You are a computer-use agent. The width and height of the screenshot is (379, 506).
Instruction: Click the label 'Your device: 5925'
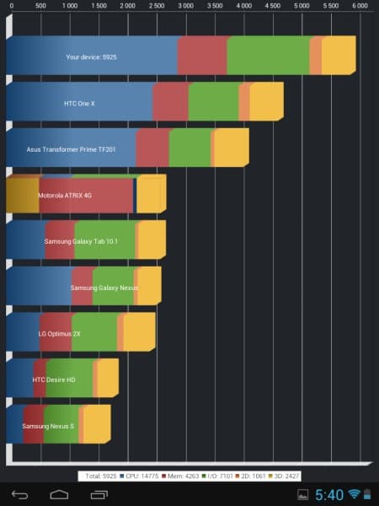point(96,57)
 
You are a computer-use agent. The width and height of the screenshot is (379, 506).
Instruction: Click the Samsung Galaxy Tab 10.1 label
point(82,241)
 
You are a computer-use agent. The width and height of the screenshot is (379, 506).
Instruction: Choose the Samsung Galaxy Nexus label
point(104,288)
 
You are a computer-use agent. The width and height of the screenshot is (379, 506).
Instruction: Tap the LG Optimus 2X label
point(60,333)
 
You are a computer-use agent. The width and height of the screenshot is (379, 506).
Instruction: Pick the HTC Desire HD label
point(54,379)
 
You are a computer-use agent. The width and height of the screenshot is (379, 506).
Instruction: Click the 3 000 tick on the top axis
point(185,6)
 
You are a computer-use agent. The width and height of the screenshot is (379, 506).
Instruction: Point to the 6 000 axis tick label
point(360,6)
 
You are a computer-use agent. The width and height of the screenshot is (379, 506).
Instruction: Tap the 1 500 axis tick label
point(98,6)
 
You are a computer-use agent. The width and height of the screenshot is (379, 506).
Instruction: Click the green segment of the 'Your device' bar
point(268,56)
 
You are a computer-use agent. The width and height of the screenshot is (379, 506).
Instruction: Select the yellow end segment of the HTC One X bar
point(266,102)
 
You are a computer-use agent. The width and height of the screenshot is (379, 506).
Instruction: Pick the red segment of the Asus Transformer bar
point(152,148)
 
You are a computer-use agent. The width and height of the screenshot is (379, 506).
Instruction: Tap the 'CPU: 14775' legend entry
point(141,476)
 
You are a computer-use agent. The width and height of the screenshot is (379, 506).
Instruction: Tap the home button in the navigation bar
point(59,494)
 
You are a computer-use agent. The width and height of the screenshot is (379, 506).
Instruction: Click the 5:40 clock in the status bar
point(329,494)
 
